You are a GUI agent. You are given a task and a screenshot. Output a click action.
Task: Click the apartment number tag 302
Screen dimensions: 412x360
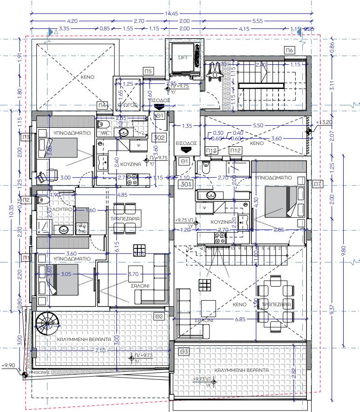coord(159,137)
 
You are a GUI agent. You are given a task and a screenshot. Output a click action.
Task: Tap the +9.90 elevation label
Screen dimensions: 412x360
coord(9,366)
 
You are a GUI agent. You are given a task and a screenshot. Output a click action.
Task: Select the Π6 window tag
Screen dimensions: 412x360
coord(289,50)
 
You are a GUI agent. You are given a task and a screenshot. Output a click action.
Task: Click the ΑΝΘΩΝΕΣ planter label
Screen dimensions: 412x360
coord(39,373)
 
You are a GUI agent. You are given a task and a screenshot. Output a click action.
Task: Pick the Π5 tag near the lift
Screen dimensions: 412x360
coord(149,71)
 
